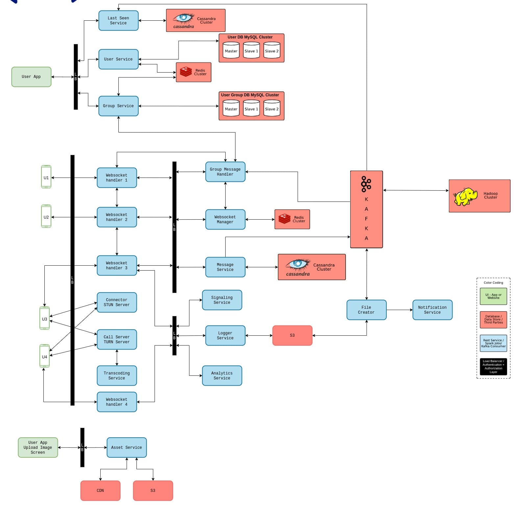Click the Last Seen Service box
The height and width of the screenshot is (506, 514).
tap(118, 21)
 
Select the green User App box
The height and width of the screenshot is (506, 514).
tap(31, 77)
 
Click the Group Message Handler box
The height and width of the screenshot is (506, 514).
tap(225, 172)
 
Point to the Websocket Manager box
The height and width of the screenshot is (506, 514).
tap(225, 219)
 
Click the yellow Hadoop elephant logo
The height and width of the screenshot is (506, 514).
tap(465, 197)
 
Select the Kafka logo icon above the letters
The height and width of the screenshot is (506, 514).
tap(366, 184)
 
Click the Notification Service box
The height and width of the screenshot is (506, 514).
tap(432, 310)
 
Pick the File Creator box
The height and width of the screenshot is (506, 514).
tap(366, 310)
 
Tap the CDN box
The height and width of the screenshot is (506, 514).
tap(100, 491)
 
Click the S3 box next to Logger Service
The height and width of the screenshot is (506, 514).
tap(292, 335)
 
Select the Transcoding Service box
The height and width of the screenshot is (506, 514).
tap(117, 375)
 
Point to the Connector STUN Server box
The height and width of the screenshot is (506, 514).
tap(117, 302)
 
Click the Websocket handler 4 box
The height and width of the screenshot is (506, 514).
tap(117, 402)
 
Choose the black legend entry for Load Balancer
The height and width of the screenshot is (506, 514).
tap(493, 366)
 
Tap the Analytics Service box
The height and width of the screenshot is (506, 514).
tap(222, 375)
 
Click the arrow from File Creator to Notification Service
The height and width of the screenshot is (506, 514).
tap(400, 310)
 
